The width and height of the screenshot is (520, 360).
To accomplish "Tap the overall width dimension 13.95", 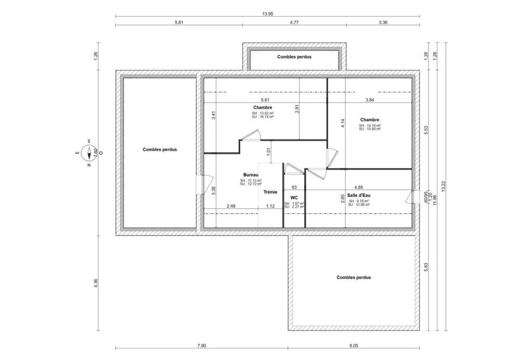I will click(268, 14).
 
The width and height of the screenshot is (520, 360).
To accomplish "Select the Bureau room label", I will click(251, 175).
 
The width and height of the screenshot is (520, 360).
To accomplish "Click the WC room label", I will click(294, 198).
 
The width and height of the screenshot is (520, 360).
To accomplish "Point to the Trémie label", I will click(270, 192).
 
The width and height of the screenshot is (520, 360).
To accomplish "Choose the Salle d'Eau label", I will click(359, 195).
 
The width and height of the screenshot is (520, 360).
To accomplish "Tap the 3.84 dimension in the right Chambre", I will click(370, 100).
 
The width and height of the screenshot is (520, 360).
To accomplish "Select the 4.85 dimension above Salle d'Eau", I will click(359, 187).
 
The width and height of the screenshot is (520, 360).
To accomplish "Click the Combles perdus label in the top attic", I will click(294, 57).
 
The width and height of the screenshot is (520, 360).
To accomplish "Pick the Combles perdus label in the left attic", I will click(160, 149).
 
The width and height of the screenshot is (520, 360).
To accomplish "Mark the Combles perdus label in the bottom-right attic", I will click(354, 278).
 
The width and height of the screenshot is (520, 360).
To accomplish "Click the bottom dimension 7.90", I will click(202, 345).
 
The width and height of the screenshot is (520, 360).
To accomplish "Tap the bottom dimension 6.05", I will click(354, 345).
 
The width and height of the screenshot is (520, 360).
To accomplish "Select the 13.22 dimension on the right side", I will click(443, 186).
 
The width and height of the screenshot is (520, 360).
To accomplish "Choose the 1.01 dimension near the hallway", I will click(268, 152).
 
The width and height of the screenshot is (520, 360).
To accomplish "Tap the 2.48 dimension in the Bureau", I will click(231, 206).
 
